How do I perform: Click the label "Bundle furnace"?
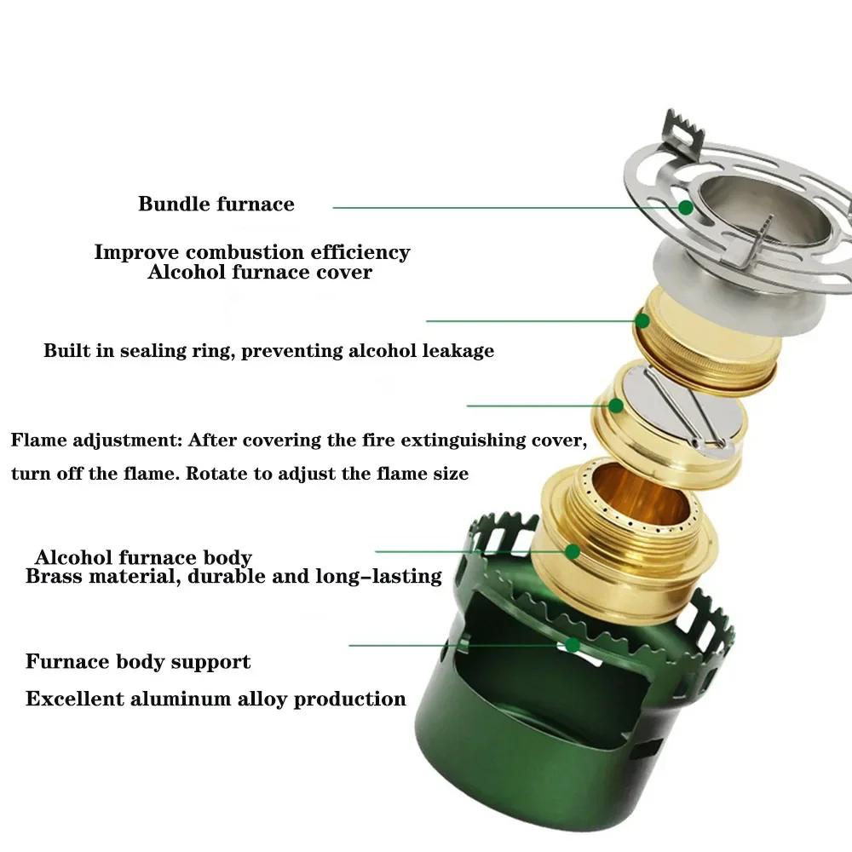point(216,204)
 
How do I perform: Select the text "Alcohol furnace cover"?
point(260,273)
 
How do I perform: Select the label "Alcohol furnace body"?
point(143,558)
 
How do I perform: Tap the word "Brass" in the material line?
point(55,577)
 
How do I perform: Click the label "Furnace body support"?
point(138,662)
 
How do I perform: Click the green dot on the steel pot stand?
point(685,207)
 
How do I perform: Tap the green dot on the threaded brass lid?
point(642,321)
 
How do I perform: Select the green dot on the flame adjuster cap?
point(614,406)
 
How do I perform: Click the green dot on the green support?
point(573,645)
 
